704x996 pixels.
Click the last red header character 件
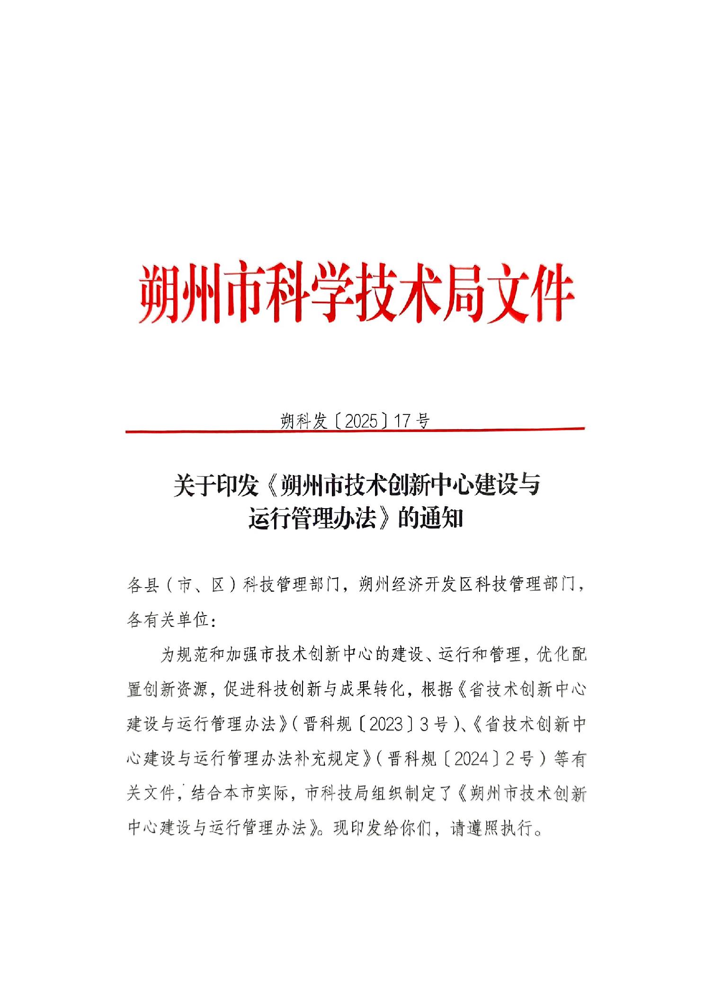548,292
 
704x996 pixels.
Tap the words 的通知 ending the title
430,520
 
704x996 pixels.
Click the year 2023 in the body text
385,724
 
